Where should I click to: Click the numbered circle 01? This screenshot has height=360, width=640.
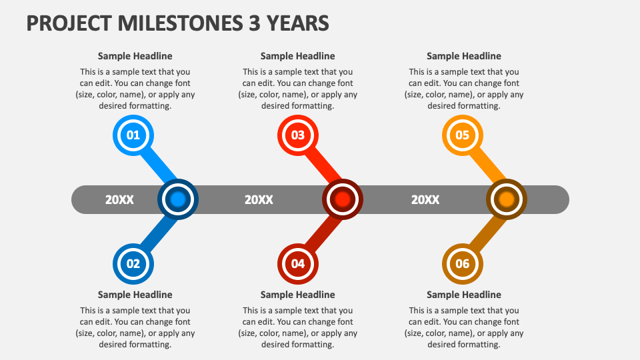[x=133, y=136]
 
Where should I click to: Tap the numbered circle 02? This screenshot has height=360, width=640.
[x=133, y=263]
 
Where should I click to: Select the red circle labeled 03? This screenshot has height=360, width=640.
[x=297, y=136]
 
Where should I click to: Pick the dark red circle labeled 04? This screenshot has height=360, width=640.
[x=297, y=263]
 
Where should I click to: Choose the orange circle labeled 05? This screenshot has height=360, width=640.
[x=463, y=136]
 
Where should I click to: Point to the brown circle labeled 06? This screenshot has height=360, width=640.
[x=463, y=263]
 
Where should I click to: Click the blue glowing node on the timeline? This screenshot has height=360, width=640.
[x=177, y=199]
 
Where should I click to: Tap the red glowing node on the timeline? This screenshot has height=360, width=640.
[x=343, y=199]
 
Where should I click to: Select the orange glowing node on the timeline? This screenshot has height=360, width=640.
[x=507, y=199]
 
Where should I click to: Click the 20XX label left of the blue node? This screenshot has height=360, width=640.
[x=119, y=199]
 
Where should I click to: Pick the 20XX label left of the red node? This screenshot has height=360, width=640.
[x=259, y=199]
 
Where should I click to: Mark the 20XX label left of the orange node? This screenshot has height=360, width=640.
[x=425, y=199]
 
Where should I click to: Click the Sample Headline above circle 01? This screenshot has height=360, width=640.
[x=135, y=56]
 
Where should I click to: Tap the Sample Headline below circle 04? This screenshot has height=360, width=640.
[x=298, y=295]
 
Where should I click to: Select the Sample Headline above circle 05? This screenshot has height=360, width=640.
[x=464, y=56]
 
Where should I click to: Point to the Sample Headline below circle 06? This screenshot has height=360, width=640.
[x=464, y=295]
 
